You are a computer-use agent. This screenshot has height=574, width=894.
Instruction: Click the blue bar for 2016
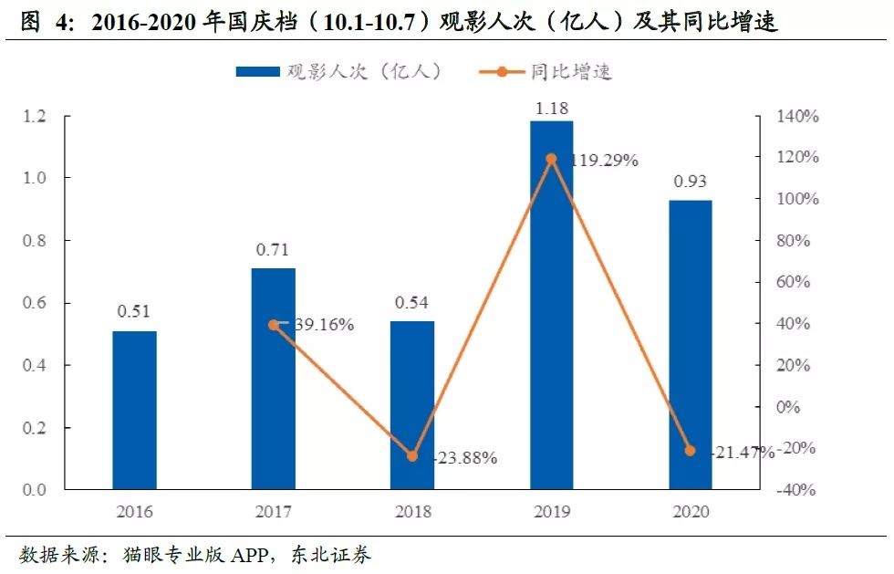135,410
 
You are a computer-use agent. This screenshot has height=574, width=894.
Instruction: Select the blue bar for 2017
274,379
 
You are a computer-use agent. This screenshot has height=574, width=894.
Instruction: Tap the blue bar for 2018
412,405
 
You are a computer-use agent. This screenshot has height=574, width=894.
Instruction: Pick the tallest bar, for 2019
551,305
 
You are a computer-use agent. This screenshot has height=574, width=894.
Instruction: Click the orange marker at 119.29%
551,159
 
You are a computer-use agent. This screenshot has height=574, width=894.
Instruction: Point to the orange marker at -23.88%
412,455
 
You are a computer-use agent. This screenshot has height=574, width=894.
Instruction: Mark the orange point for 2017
274,325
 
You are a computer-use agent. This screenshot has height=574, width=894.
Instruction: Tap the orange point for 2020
690,451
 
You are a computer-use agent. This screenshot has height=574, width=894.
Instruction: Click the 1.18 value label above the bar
551,109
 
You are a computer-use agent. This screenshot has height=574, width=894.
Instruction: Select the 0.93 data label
690,182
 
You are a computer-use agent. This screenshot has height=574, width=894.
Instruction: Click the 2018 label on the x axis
412,512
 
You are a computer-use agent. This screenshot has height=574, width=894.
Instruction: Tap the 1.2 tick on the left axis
34,116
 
